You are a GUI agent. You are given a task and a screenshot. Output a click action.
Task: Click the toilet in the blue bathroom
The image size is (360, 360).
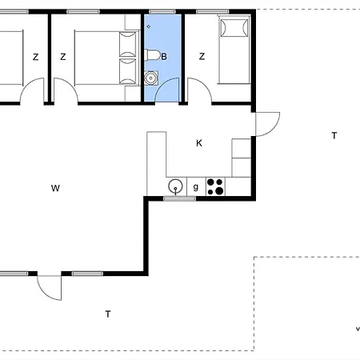pyautogui.click(x=152, y=55)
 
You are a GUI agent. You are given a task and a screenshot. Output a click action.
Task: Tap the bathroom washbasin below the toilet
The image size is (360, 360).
pyautogui.click(x=151, y=78)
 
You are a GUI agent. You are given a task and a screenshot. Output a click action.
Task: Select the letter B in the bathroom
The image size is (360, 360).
pyautogui.click(x=164, y=57)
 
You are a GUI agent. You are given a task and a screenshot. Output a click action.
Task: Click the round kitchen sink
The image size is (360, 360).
pyautogui.click(x=175, y=186)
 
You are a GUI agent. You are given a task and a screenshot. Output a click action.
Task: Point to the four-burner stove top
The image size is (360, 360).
pyautogui.click(x=215, y=186)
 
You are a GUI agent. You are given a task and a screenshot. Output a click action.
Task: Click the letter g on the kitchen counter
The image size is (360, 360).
pyautogui.click(x=196, y=187)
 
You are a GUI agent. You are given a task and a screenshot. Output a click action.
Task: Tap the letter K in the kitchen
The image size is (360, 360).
pyautogui.click(x=199, y=143)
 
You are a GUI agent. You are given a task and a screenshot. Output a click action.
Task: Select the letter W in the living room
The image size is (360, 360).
pyautogui.click(x=55, y=188)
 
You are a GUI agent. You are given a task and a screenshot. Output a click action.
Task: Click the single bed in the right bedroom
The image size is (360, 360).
pyautogui.click(x=234, y=50)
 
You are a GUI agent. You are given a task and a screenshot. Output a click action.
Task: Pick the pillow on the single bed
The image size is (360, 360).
pyautogui.click(x=234, y=28)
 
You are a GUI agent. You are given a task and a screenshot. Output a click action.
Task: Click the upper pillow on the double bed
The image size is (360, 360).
pyautogui.click(x=128, y=44)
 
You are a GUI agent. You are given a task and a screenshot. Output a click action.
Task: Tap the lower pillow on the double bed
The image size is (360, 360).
pyautogui.click(x=128, y=71)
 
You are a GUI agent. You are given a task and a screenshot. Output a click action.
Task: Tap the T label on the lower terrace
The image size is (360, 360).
pyautogui.click(x=108, y=314)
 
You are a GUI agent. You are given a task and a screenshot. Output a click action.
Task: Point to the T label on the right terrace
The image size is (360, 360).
pyautogui.click(x=334, y=135)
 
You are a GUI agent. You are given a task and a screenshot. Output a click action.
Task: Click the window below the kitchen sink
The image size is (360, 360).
pyautogui.click(x=179, y=198)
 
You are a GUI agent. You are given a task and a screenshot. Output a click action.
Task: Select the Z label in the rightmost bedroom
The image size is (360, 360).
pyautogui.click(x=202, y=56)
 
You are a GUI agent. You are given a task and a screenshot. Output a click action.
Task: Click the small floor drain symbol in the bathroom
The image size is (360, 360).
pyautogui.click(x=149, y=26)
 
